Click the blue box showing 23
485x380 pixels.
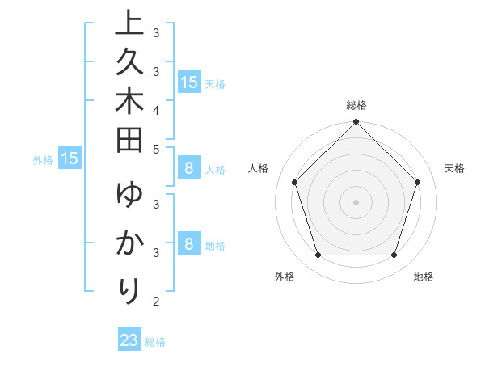[x=129, y=340]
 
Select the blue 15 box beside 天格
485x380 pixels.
[x=188, y=82]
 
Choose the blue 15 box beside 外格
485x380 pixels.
[x=70, y=158]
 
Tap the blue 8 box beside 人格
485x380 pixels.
[x=188, y=168]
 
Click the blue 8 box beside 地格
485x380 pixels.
[x=188, y=243]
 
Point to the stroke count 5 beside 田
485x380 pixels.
[x=156, y=148]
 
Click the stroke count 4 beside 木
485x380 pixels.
[x=156, y=110]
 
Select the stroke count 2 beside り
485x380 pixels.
[x=156, y=302]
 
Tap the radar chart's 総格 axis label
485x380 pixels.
[x=356, y=105]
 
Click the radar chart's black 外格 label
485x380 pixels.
[x=285, y=277]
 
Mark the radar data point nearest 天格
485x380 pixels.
[x=418, y=182]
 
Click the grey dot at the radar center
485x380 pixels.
[x=356, y=201]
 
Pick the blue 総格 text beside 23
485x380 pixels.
[x=155, y=342]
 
